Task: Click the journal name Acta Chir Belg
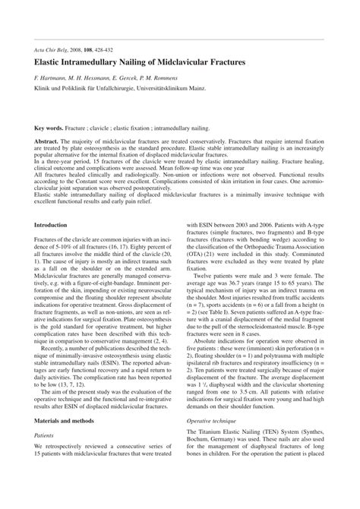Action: pyautogui.click(x=54, y=48)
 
